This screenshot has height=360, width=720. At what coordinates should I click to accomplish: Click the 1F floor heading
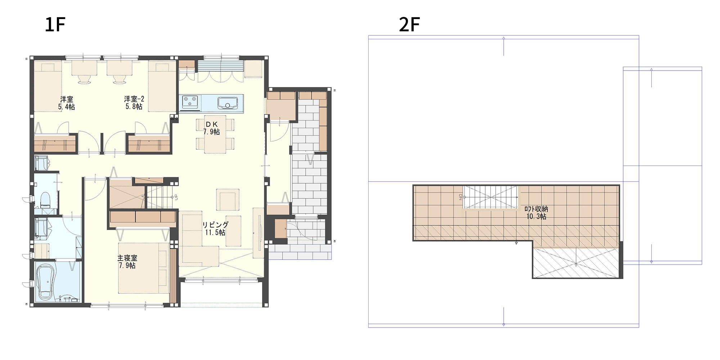click(x=55, y=24)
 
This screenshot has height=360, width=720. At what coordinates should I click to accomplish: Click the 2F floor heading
click(x=409, y=24)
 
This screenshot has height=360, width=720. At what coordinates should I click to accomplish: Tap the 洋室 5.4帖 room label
click(x=67, y=103)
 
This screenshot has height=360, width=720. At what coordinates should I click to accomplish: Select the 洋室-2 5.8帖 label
click(x=134, y=103)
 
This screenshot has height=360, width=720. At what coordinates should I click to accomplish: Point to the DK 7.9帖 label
click(x=212, y=128)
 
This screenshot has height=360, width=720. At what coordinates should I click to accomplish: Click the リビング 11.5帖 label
click(x=215, y=229)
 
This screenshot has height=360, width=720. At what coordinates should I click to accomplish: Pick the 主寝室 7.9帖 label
click(x=127, y=262)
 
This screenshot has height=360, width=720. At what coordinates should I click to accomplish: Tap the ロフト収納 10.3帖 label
click(x=536, y=213)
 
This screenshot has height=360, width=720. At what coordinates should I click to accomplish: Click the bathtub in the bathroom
click(x=46, y=282)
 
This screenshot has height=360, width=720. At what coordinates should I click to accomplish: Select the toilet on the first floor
click(x=45, y=199)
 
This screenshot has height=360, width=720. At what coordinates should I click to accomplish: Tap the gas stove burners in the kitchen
click(x=190, y=102)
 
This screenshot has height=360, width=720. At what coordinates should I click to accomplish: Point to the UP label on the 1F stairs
click(x=176, y=197)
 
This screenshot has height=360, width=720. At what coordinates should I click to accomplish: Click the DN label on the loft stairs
click(x=460, y=197)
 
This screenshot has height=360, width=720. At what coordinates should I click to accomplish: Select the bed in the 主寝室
click(x=143, y=268)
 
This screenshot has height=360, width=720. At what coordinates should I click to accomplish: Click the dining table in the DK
click(x=215, y=134)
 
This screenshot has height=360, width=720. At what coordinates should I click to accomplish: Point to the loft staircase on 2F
click(x=490, y=197)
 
